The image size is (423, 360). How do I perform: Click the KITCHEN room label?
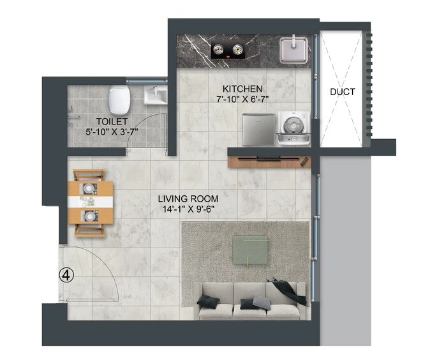tap(242, 87)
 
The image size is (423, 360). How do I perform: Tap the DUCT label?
tap(342, 92)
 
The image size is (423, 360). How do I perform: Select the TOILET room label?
tap(112, 121)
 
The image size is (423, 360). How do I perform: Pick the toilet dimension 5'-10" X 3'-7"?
tap(112, 131)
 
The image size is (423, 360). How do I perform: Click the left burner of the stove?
tap(221, 49)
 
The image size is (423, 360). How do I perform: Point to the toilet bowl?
tap(119, 99)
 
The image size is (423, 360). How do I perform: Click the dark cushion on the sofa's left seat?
tap(209, 301)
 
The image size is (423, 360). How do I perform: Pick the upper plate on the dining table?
tap(87, 190)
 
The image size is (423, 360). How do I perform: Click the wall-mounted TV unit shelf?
tap(269, 158)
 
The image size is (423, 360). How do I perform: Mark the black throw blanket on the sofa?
tap(287, 290)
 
